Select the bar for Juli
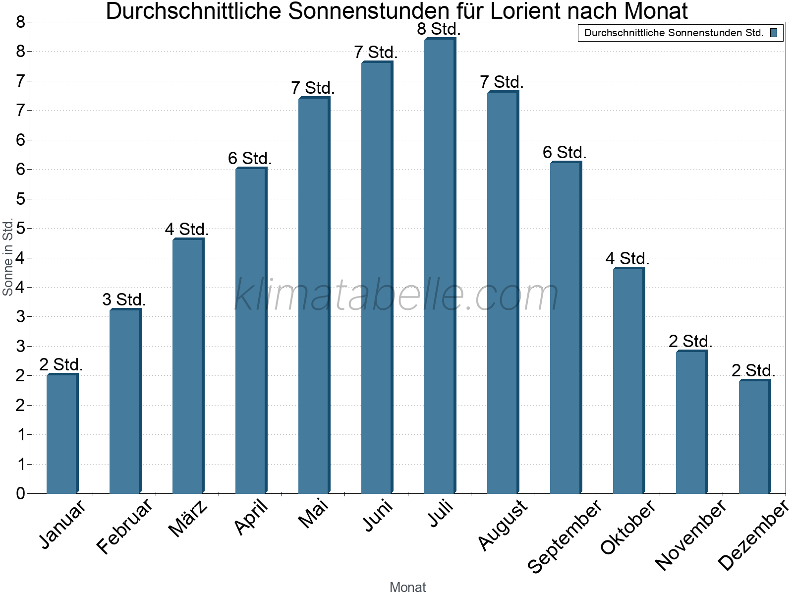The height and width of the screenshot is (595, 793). pos(440,268)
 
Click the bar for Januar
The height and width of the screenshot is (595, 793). pos(62,434)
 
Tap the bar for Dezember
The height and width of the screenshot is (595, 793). pos(754,436)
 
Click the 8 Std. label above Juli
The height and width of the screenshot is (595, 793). pos(439,29)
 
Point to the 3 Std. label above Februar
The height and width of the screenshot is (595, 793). pos(124,299)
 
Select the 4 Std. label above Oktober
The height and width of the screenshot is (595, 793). pos(627,258)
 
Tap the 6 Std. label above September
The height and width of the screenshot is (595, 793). pos(564,152)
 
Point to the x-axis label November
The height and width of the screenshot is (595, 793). pos(690,535)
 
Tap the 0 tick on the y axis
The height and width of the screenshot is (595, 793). pos(20,493)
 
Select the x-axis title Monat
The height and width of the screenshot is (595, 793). pos(407,587)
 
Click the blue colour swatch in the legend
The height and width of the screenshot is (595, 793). pos(773,33)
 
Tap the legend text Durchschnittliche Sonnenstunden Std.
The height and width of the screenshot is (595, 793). pos(674,33)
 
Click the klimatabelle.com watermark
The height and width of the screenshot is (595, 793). pos(396,295)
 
